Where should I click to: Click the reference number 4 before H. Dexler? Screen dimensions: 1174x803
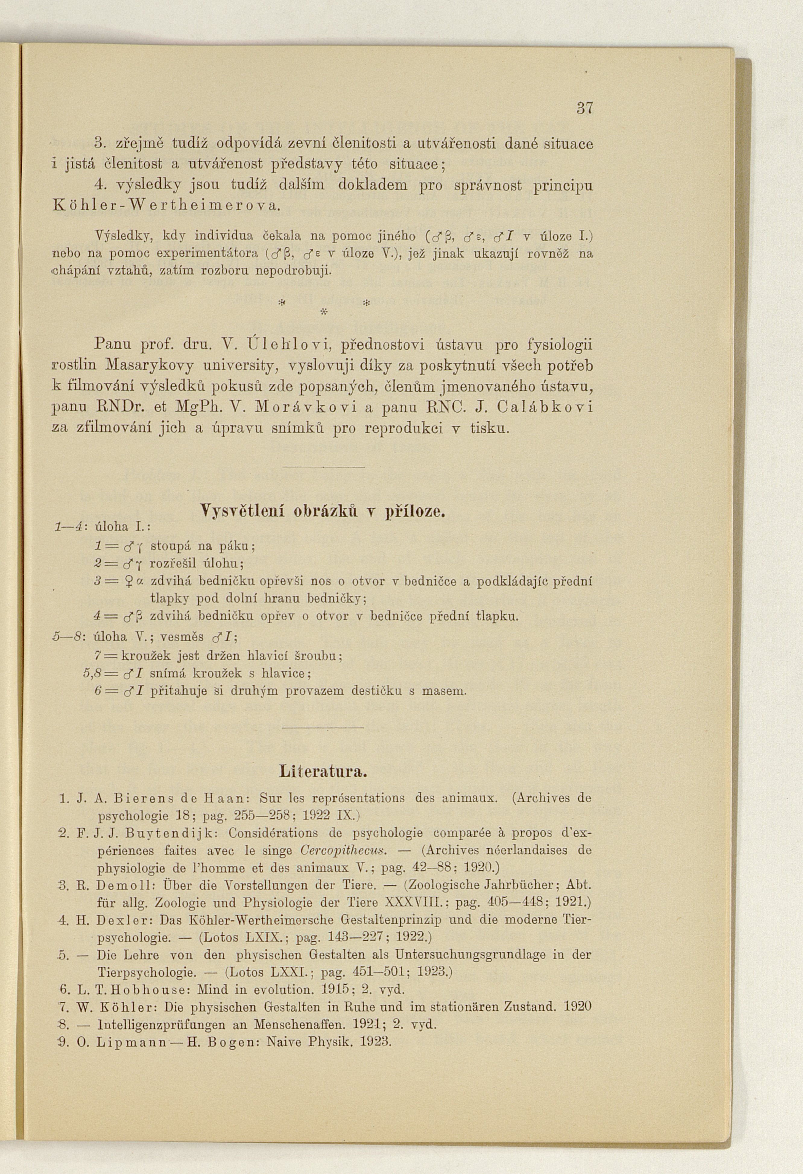pyautogui.click(x=63, y=920)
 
